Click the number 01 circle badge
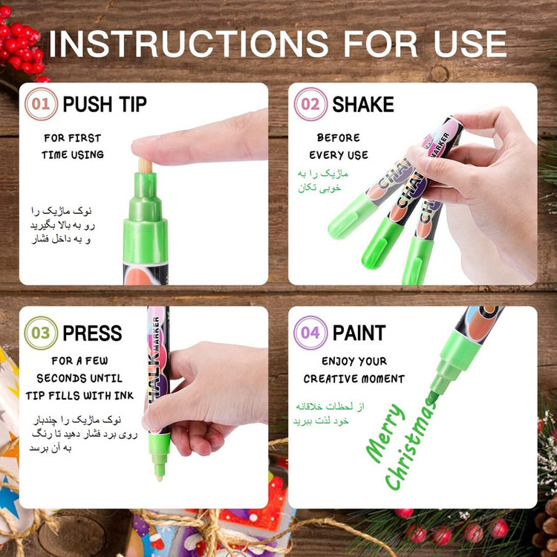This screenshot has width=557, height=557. click(41, 104)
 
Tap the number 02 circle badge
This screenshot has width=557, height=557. click(310, 104)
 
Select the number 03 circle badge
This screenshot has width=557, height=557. click(41, 333)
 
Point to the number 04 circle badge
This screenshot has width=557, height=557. click(310, 333)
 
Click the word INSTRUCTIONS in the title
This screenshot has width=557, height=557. click(189, 44)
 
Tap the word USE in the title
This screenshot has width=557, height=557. click(470, 44)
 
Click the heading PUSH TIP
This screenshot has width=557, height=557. click(105, 105)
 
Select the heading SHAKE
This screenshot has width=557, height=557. click(363, 105)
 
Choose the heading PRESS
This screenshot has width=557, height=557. click(92, 333)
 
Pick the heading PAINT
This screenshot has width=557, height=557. click(359, 333)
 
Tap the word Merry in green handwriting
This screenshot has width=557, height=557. click(386, 434)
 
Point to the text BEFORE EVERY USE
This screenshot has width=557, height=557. click(339, 146)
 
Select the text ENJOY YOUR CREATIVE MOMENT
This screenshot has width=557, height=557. click(354, 370)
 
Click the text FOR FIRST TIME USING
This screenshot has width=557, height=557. click(73, 146)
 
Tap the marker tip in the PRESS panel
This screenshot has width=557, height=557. click(159, 472)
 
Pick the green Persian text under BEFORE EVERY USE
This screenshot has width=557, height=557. click(322, 181)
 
